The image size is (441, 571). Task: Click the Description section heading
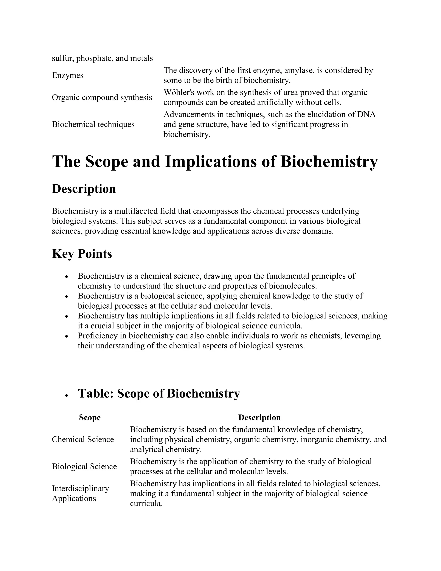84,189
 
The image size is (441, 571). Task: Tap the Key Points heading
82,254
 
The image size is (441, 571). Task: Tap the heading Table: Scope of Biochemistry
159,393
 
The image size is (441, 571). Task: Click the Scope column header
90,418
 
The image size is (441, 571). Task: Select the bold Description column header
259,418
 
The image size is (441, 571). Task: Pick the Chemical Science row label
83,440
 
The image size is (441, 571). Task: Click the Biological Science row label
84,466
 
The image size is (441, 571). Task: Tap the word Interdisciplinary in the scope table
80,488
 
